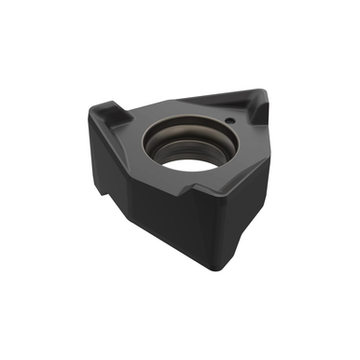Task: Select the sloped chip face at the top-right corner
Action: point(249,109)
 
